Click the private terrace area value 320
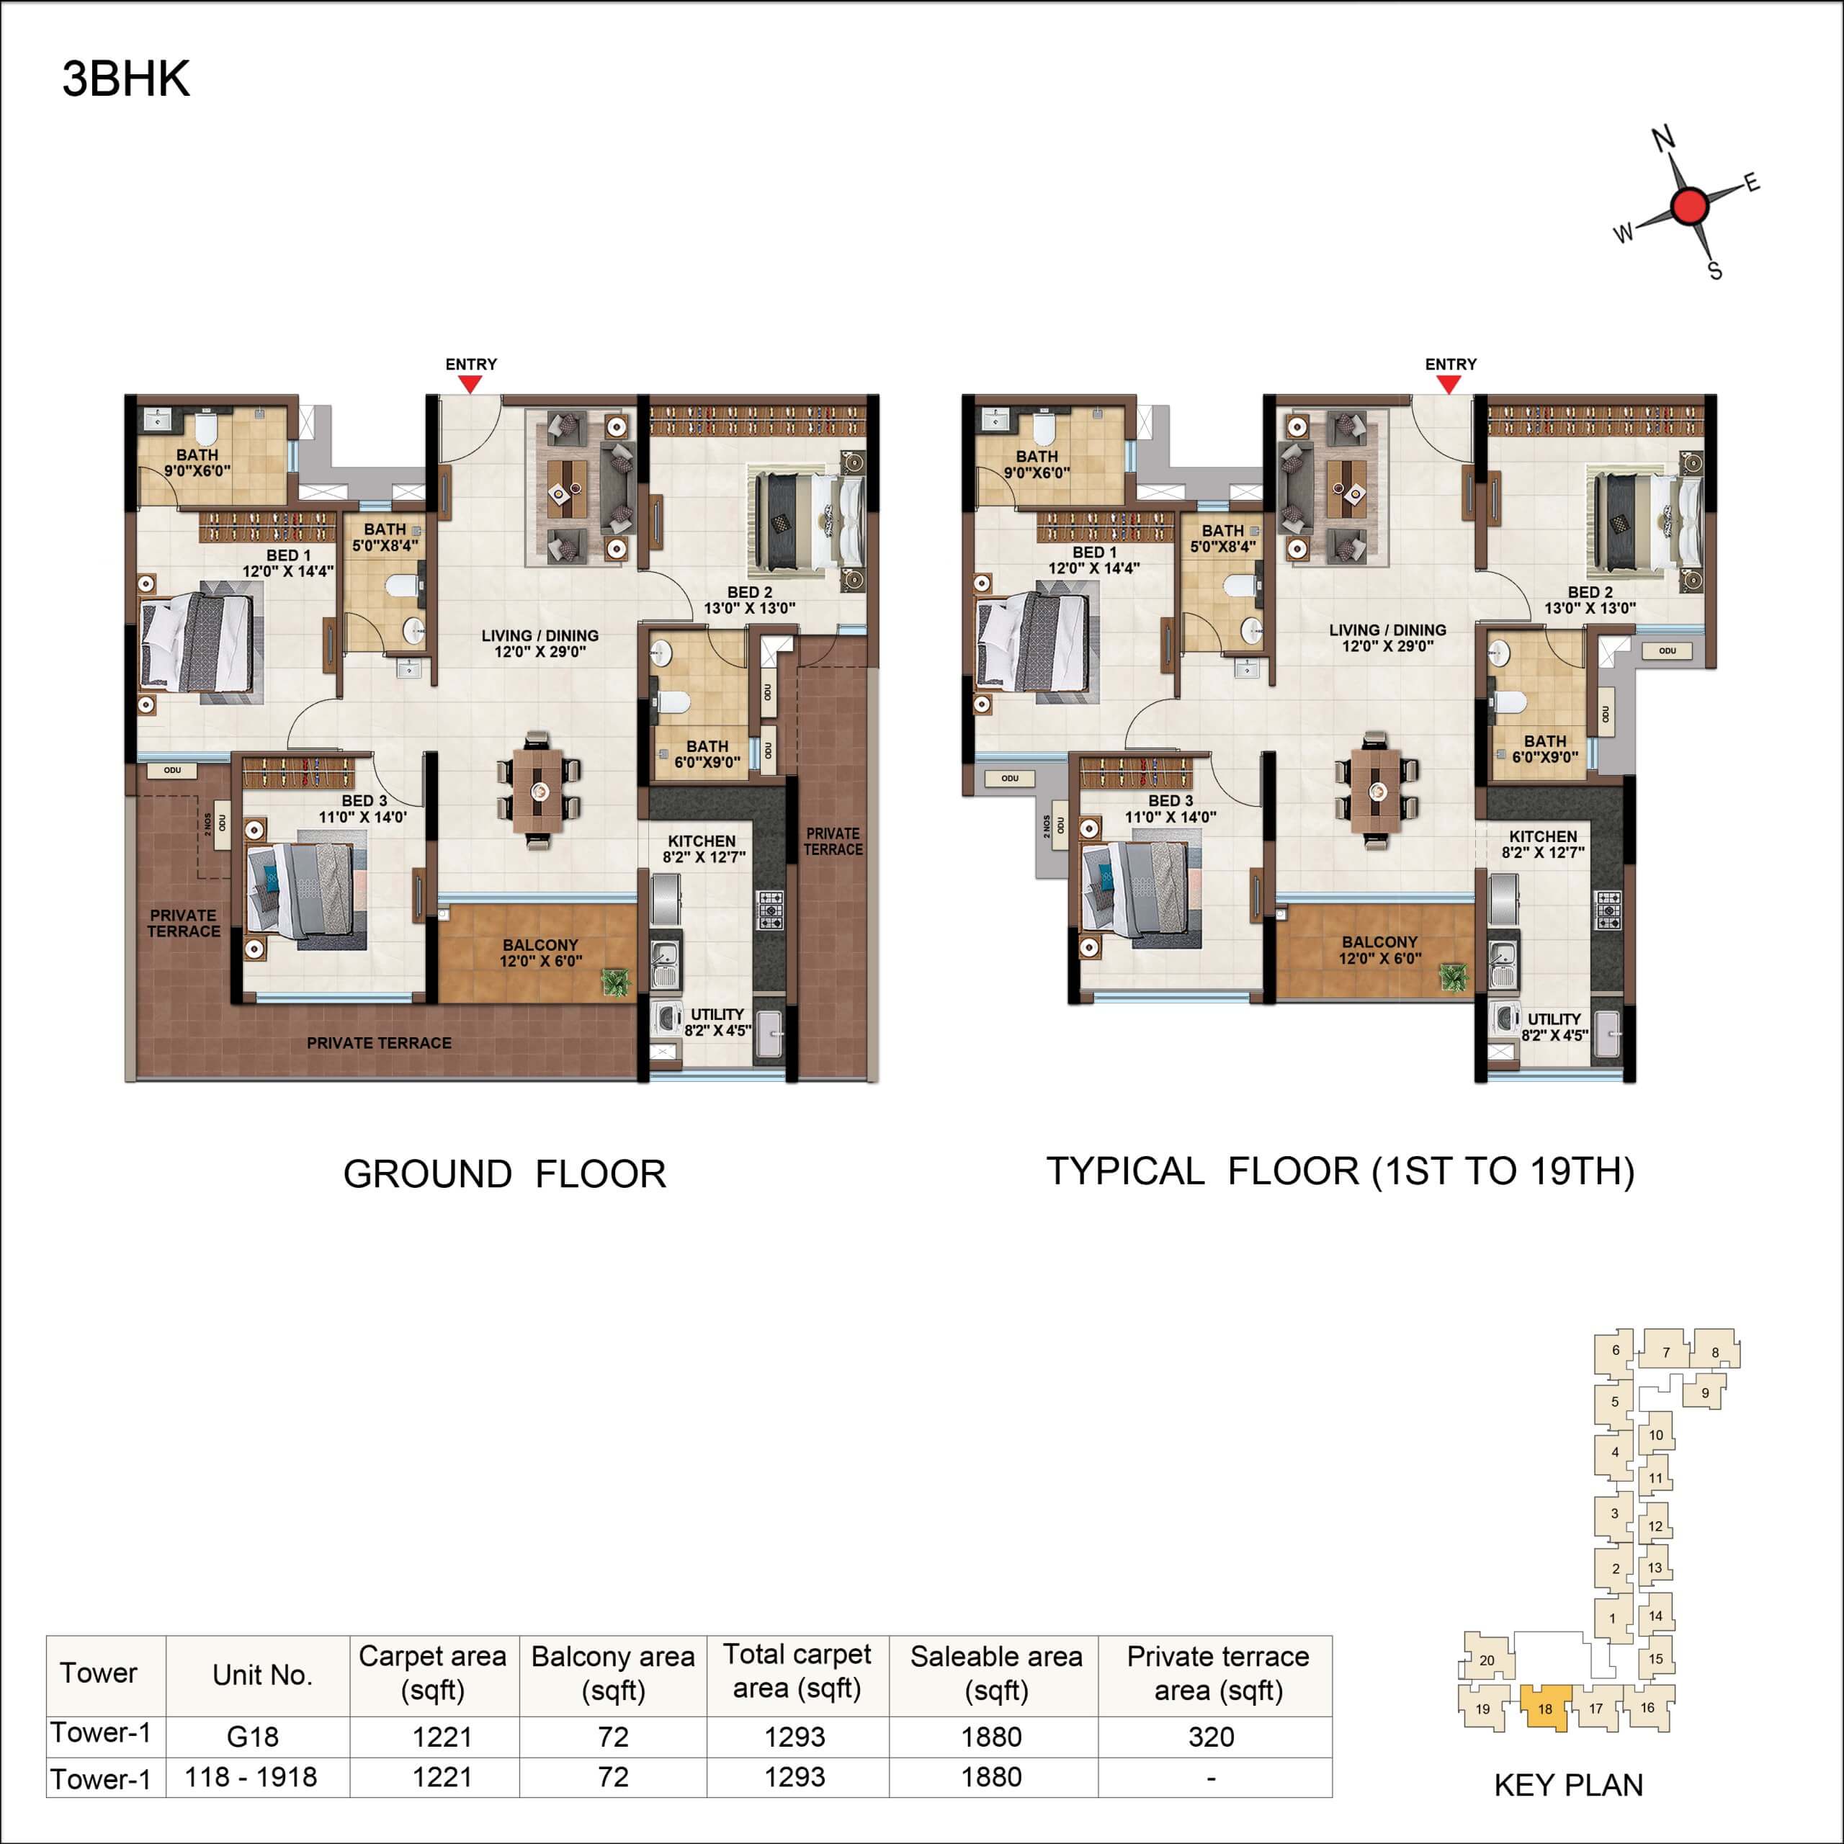pos(1211,1737)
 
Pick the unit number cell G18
pos(253,1737)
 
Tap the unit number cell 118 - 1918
pos(251,1777)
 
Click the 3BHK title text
pos(126,79)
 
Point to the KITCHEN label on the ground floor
pos(702,841)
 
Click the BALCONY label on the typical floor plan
pos(1379,942)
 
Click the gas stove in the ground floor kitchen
pos(769,910)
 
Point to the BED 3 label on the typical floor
pos(1171,801)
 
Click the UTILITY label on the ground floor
pos(717,1015)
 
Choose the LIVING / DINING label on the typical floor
pos(1387,630)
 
